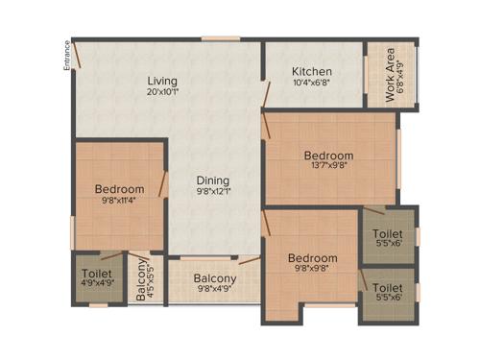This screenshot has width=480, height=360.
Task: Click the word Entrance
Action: [x=66, y=55]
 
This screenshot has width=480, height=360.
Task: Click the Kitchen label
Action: [x=312, y=71]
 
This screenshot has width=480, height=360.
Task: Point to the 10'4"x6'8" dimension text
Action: [x=312, y=84]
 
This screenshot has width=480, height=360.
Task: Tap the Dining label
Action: [x=214, y=180]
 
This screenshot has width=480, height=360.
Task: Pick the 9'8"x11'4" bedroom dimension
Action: [x=119, y=201]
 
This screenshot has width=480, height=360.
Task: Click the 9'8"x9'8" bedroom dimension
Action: [x=312, y=270]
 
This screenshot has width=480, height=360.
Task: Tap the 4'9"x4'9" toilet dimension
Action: [x=97, y=283]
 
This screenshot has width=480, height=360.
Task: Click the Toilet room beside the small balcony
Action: [x=97, y=273]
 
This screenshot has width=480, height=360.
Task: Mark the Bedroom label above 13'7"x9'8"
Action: [x=329, y=156]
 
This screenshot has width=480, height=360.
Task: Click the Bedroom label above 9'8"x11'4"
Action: [x=119, y=189]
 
